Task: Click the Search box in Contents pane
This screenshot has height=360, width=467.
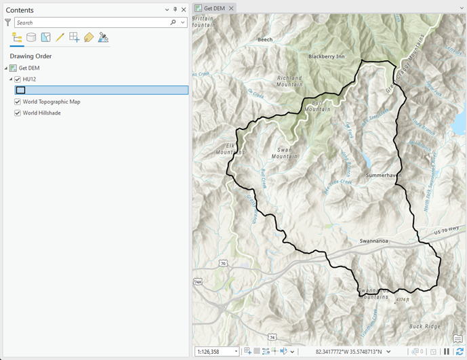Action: point(92,22)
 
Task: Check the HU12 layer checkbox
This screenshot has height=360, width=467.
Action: point(18,79)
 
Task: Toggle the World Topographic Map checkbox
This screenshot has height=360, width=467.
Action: point(18,102)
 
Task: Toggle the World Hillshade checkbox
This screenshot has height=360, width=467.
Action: point(18,113)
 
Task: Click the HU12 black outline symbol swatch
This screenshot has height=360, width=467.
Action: point(20,90)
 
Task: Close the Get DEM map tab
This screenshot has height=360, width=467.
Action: point(231,8)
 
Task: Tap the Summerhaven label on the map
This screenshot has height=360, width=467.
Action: point(384,175)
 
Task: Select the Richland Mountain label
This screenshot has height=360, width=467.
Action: point(289,81)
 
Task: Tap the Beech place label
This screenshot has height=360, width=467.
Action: point(265,40)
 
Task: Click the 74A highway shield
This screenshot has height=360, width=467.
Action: point(197,281)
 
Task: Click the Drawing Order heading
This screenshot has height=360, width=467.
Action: point(31,56)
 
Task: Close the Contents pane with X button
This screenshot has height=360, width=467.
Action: point(184,9)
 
